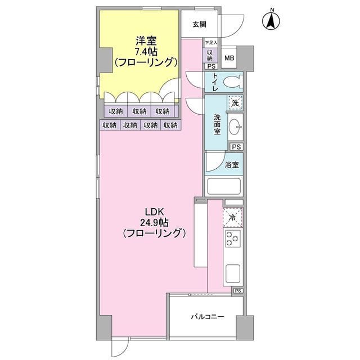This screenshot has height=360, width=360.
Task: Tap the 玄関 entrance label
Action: pyautogui.click(x=199, y=24)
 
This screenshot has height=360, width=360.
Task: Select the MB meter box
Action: pyautogui.click(x=229, y=57)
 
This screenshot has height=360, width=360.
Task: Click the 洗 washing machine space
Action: pyautogui.click(x=236, y=103)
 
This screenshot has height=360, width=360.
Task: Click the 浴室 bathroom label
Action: pyautogui.click(x=232, y=165)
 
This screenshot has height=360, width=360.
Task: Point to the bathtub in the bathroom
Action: pyautogui.click(x=224, y=185)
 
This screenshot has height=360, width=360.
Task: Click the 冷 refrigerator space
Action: pyautogui.click(x=232, y=215)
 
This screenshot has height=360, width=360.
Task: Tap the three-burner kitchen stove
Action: pyautogui.click(x=233, y=240)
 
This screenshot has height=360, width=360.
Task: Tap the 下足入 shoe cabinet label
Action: pyautogui.click(x=210, y=43)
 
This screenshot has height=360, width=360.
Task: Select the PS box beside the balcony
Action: pyautogui.click(x=238, y=291)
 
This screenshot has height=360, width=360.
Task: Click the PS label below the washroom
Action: pyautogui.click(x=237, y=147)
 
